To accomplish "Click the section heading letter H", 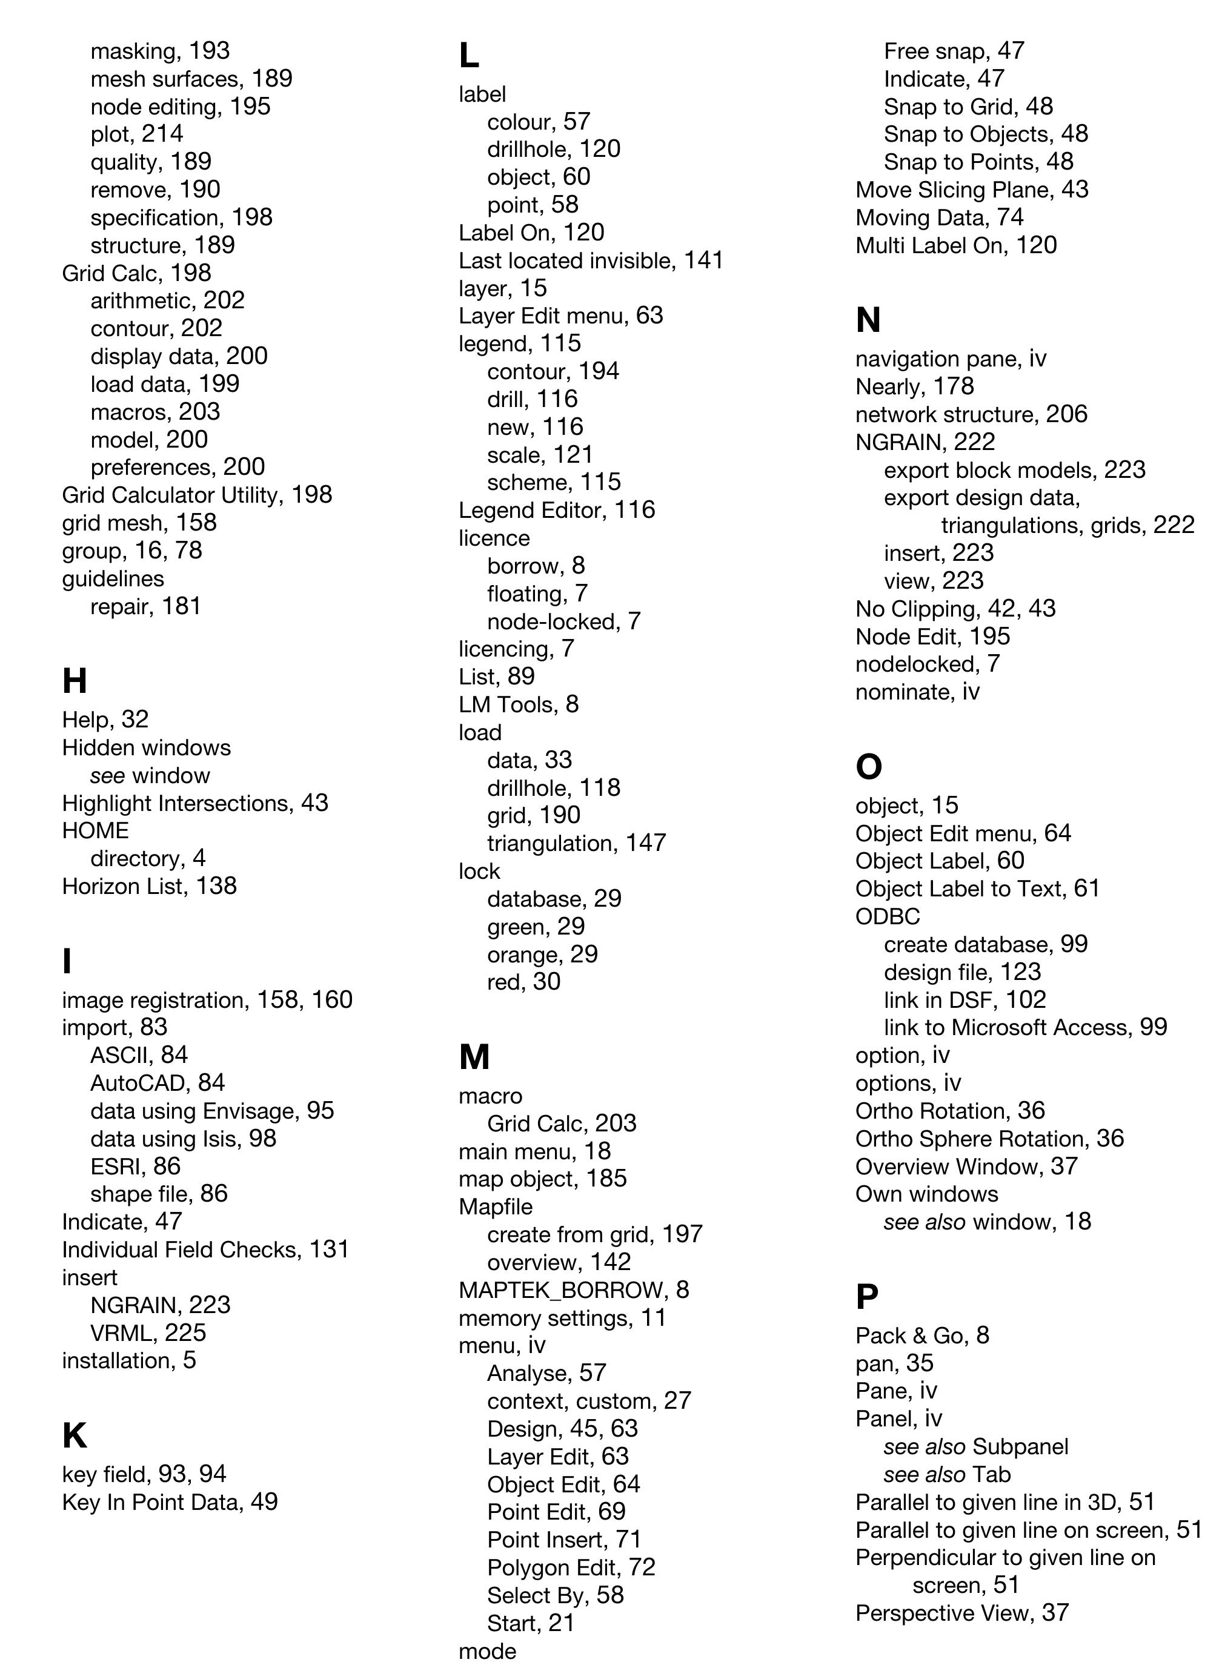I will [75, 680].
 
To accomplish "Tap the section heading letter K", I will [75, 1435].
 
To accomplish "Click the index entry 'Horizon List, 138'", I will [150, 885].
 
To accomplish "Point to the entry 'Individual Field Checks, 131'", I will [205, 1249].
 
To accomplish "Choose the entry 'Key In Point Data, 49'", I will [170, 1501].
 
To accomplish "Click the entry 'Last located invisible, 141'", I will [590, 260].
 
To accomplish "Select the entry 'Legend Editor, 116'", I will [556, 509].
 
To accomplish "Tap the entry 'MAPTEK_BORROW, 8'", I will [573, 1289].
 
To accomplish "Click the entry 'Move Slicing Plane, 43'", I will [971, 190].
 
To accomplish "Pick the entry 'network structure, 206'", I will [971, 414].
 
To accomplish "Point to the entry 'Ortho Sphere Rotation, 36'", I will [989, 1138].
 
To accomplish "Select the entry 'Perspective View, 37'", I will [961, 1612].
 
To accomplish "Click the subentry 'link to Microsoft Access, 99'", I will [1025, 1027].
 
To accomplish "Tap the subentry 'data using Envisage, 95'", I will [212, 1111].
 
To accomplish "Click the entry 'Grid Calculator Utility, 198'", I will [197, 495].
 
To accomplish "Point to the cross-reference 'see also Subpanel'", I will [975, 1446].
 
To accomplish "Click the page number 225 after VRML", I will [185, 1332].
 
